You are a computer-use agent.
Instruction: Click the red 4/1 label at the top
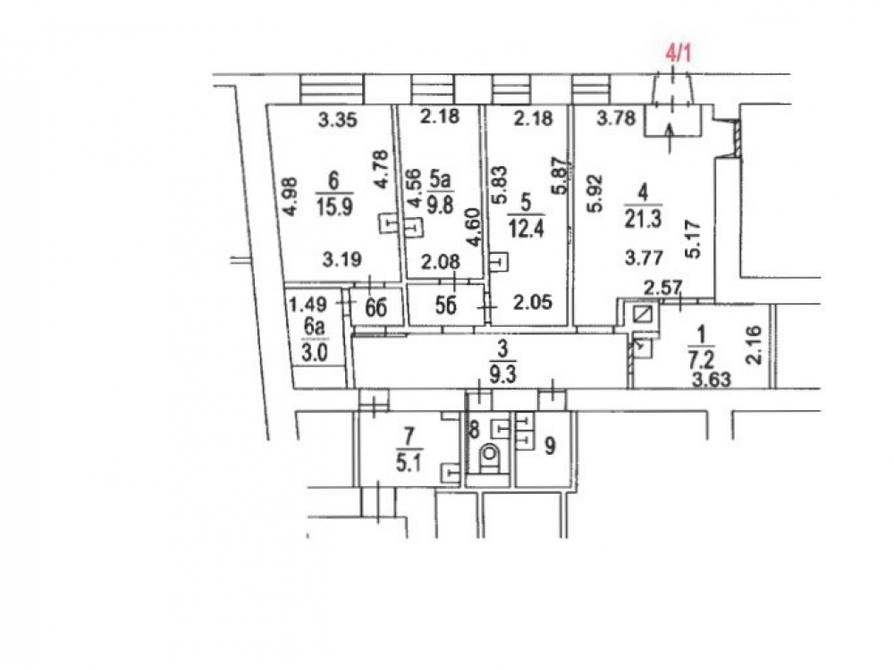point(679,54)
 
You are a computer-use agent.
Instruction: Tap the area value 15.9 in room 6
point(334,206)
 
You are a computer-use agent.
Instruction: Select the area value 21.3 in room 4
point(643,218)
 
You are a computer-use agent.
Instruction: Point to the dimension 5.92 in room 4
point(595,194)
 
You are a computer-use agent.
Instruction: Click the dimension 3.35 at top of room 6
point(338,120)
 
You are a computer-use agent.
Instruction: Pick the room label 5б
point(446,306)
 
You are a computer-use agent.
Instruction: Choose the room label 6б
point(375,307)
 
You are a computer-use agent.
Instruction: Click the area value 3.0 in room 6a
point(314,353)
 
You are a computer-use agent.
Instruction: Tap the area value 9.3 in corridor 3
point(502,375)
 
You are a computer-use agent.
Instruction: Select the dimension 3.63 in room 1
point(712,379)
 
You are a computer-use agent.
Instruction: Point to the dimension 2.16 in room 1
point(753,345)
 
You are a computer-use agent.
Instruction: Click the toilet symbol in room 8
point(489,457)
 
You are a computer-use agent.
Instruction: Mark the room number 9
point(550,446)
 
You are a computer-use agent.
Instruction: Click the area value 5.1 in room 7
point(409,462)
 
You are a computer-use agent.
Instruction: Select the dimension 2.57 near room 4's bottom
point(662,287)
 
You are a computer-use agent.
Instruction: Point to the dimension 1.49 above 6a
point(308,305)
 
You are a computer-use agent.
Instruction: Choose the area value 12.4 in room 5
point(527,229)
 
